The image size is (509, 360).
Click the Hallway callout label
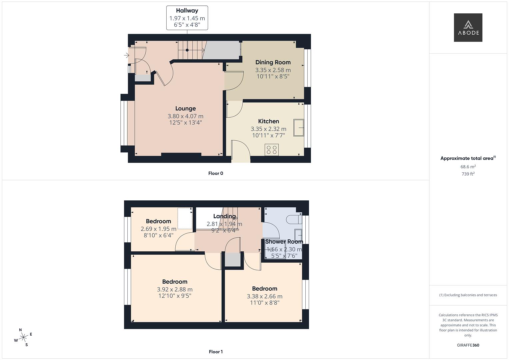tap(187, 11)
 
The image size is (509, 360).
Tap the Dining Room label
tap(273, 62)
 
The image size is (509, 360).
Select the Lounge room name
tap(185, 109)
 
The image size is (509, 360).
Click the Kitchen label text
tap(268, 121)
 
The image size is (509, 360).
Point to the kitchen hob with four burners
tap(272, 150)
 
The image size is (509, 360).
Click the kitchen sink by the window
tap(299, 128)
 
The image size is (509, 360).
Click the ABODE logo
tap(468, 28)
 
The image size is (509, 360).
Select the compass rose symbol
tap(23, 337)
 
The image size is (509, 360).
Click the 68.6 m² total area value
tap(468, 167)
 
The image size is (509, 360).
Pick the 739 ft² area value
tap(468, 174)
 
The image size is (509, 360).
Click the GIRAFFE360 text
tap(468, 345)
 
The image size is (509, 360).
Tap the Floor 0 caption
tap(216, 173)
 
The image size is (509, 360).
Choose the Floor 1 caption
tap(216, 352)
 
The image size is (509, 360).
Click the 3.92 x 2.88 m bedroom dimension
tap(175, 290)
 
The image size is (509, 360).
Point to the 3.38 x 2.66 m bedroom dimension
tap(265, 296)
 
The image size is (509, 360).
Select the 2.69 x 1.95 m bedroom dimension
tap(158, 229)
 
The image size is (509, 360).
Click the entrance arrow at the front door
tap(127, 55)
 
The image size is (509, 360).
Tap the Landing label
tap(224, 216)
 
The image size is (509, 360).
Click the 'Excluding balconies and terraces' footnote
tap(468, 295)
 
